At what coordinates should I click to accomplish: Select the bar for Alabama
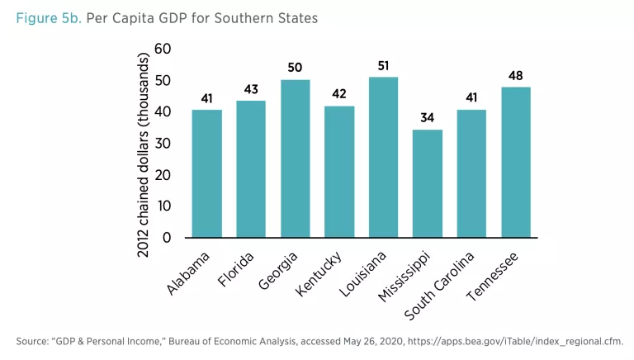(206, 173)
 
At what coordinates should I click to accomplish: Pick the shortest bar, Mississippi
(428, 183)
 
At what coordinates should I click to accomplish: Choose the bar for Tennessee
(515, 162)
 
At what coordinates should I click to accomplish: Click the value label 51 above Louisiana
(383, 65)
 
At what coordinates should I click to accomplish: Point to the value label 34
(428, 118)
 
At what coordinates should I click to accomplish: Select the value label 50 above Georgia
(295, 68)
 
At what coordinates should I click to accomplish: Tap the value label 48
(515, 75)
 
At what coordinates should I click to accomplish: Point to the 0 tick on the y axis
(167, 238)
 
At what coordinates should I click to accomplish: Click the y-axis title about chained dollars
(143, 154)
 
